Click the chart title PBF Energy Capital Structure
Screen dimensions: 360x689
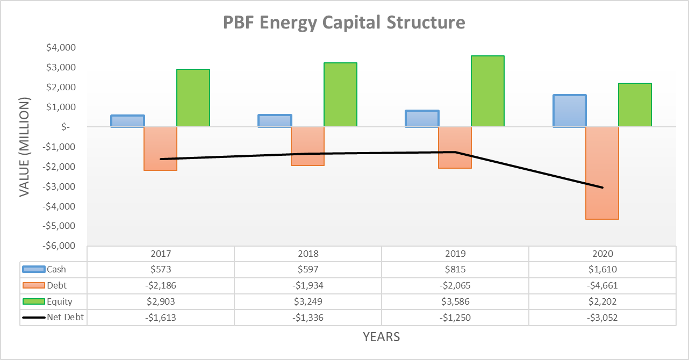tap(344, 23)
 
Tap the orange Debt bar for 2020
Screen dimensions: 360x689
tap(602, 173)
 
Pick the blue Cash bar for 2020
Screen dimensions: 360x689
tap(570, 111)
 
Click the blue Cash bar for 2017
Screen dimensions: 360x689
tap(127, 121)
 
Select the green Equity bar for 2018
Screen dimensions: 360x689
tap(340, 95)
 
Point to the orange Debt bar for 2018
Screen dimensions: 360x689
tap(307, 146)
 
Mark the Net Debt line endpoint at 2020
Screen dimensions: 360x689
tap(602, 188)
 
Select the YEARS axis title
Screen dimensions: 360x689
tap(381, 337)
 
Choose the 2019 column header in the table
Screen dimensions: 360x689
tap(455, 254)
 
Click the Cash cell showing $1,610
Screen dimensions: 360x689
tap(602, 270)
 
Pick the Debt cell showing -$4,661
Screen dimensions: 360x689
tap(602, 286)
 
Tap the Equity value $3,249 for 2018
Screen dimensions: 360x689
tap(307, 302)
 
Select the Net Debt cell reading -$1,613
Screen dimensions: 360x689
tap(160, 318)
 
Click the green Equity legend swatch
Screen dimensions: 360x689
tap(34, 301)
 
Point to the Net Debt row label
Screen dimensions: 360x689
tap(65, 318)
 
